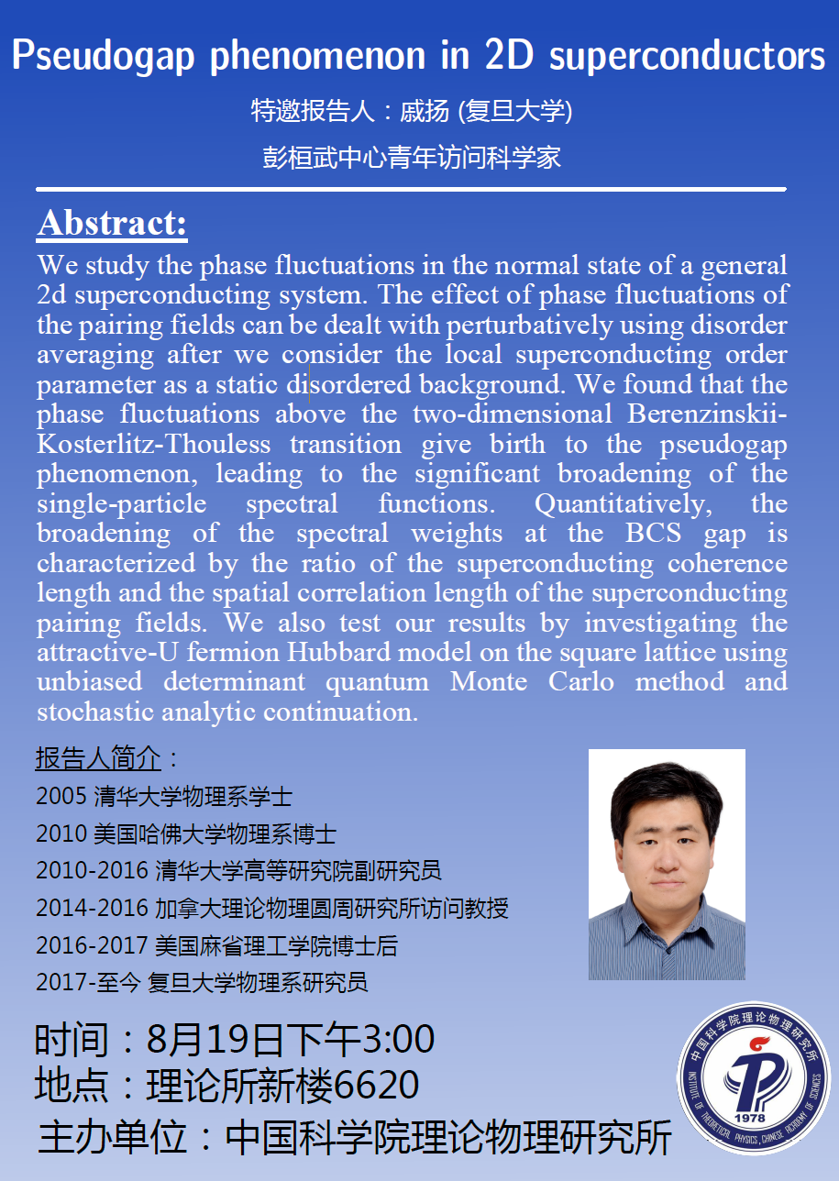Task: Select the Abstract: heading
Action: point(112,223)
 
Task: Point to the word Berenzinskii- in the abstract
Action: point(707,414)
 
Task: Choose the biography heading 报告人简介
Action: point(99,758)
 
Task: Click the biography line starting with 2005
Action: point(164,796)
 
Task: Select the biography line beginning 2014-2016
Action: point(271,908)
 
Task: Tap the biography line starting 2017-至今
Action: point(202,982)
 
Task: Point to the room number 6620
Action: point(377,1086)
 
